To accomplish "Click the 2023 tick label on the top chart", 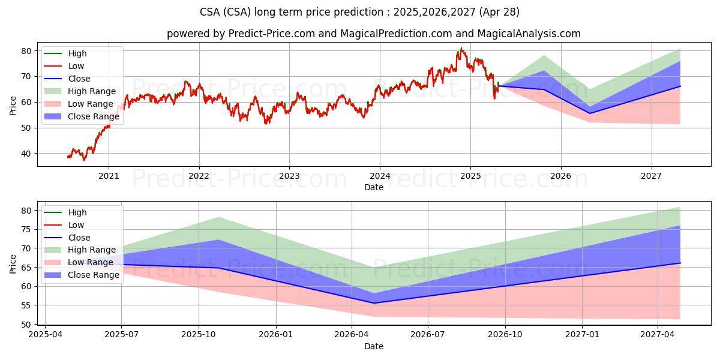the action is click(x=289, y=176).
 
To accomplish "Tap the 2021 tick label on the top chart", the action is click(x=109, y=176).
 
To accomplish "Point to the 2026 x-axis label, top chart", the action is click(x=561, y=176).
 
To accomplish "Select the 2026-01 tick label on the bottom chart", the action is click(x=276, y=335).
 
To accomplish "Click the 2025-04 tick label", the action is click(x=46, y=335).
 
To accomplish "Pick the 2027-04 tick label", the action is click(x=658, y=335).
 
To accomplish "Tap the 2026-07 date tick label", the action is click(x=428, y=335).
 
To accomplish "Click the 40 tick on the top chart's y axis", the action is click(x=26, y=154).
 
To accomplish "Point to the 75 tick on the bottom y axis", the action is click(x=26, y=229).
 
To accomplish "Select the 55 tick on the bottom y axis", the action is click(x=26, y=305).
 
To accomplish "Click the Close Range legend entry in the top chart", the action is click(x=82, y=116).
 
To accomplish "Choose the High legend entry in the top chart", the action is click(x=65, y=53).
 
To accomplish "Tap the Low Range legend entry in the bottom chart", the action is click(x=79, y=262).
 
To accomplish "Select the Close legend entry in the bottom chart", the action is click(x=67, y=238).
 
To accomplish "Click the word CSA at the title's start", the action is click(x=210, y=12).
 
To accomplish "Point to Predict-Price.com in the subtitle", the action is click(x=272, y=34).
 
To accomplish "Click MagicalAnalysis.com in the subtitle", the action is click(x=529, y=34).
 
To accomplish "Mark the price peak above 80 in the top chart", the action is click(x=461, y=48).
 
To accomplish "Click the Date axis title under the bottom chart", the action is click(x=373, y=346).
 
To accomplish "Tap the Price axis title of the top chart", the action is click(x=13, y=106).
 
